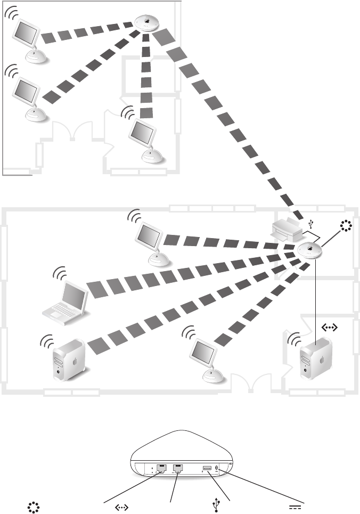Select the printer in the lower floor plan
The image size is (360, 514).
(287, 230)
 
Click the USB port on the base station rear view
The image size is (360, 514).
(207, 469)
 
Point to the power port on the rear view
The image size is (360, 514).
(219, 469)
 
